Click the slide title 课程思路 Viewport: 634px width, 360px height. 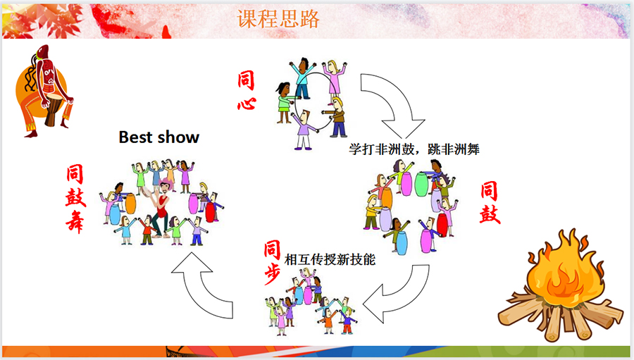click(278, 18)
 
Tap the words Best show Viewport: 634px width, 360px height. click(159, 137)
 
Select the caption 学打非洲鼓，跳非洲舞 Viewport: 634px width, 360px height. click(414, 149)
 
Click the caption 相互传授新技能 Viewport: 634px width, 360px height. click(330, 259)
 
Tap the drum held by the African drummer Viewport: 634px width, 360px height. click(52, 109)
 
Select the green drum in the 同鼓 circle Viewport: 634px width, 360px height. click(421, 185)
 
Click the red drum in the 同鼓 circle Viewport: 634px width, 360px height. click(442, 225)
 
